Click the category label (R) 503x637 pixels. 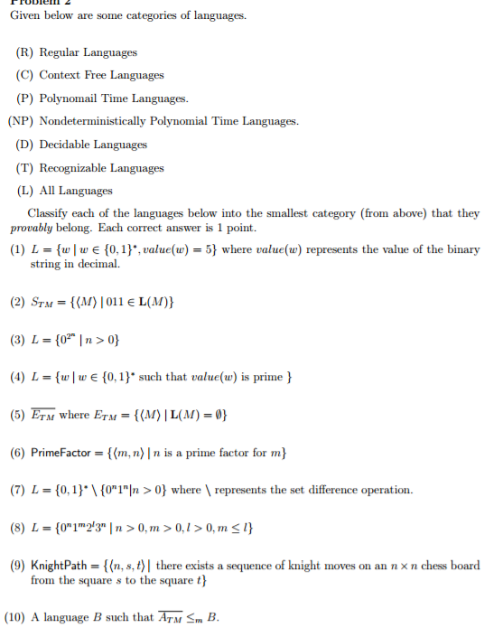[26, 52]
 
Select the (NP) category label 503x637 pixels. [22, 121]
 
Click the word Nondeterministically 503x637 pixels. [97, 121]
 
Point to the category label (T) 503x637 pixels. [26, 168]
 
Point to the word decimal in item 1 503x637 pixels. [100, 264]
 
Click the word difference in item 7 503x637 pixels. [342, 490]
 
